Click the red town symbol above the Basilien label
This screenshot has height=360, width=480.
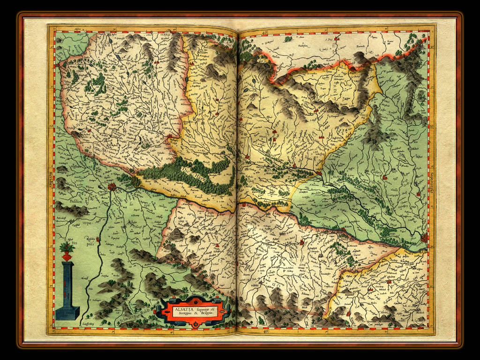112,187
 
